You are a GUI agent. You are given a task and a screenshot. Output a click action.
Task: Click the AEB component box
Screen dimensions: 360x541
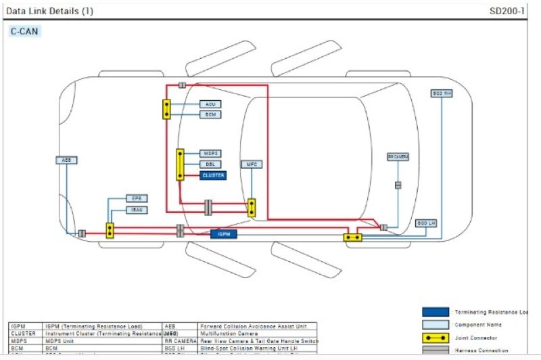[x=66, y=160]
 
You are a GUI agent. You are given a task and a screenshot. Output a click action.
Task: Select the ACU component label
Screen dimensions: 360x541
[x=210, y=104]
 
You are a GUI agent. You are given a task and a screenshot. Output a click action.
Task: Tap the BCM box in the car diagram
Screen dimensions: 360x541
[x=210, y=114]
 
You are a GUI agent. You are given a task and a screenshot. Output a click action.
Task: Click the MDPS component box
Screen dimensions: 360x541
[x=210, y=154]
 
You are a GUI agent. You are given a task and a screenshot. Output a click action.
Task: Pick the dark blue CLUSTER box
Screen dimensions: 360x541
[x=212, y=175]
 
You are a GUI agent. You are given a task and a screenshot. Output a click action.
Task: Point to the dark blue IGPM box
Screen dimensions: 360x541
[x=223, y=234]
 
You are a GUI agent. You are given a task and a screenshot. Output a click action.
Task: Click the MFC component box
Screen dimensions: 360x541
[x=251, y=164]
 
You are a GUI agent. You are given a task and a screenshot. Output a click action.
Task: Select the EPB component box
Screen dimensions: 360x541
[x=136, y=198]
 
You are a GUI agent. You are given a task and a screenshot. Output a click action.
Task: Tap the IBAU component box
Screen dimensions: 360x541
[x=136, y=210]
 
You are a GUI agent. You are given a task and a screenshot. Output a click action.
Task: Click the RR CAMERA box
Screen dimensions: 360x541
[x=398, y=156]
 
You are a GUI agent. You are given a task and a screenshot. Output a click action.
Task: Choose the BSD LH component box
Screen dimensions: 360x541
[x=425, y=223]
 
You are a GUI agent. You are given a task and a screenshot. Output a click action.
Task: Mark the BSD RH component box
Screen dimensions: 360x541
[x=441, y=93]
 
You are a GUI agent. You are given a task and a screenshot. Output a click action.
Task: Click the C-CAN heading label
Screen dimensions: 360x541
[x=24, y=32]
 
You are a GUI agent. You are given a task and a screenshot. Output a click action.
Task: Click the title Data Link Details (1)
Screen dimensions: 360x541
[x=50, y=11]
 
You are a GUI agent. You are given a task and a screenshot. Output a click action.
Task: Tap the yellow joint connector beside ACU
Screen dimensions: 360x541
[x=166, y=110]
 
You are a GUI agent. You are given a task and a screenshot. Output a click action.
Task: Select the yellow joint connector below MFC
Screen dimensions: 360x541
[x=252, y=207]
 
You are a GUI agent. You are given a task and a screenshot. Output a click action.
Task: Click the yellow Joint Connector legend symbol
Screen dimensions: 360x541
[x=436, y=337]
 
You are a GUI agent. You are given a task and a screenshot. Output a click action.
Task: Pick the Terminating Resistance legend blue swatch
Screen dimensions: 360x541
[x=436, y=312]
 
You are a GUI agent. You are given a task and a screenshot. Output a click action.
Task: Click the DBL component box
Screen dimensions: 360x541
[x=210, y=164]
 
